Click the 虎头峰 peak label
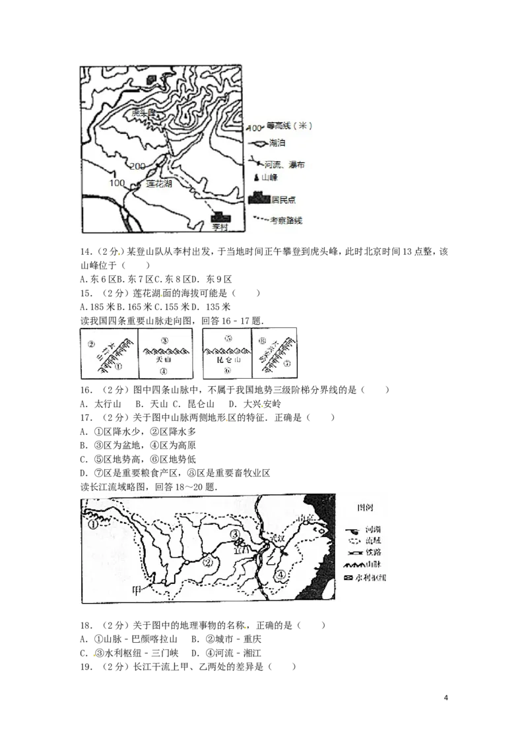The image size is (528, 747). (143, 114)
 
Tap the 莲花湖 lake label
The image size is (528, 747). (158, 184)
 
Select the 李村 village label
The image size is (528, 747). (218, 226)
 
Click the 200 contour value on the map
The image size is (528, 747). (137, 166)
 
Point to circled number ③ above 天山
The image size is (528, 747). (164, 341)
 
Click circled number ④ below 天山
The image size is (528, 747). (164, 372)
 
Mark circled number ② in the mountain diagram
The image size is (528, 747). (92, 344)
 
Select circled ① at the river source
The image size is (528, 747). (93, 525)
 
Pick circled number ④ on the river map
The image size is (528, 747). (282, 575)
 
